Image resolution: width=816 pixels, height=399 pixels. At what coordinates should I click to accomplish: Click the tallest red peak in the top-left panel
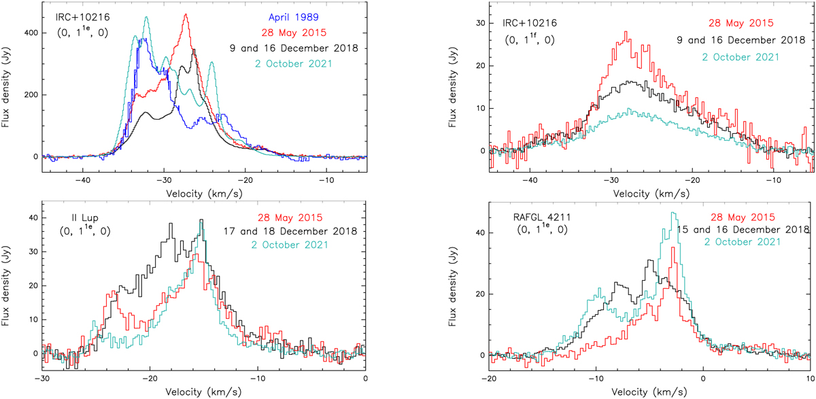pyautogui.click(x=186, y=15)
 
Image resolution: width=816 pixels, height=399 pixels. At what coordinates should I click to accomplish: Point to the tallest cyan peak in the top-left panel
pyautogui.click(x=146, y=18)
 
